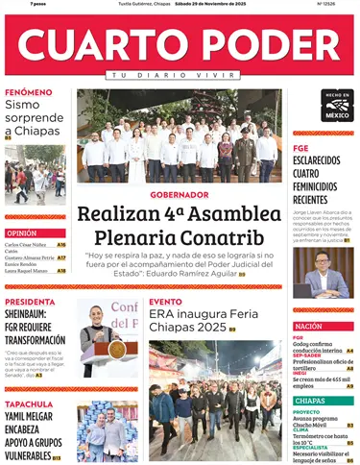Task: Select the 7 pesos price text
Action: [x=38, y=4]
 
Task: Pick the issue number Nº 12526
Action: [x=325, y=4]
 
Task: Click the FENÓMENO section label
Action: [x=29, y=92]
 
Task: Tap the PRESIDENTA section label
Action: [x=31, y=301]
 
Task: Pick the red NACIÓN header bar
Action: [x=323, y=327]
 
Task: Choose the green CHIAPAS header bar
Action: [x=323, y=400]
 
